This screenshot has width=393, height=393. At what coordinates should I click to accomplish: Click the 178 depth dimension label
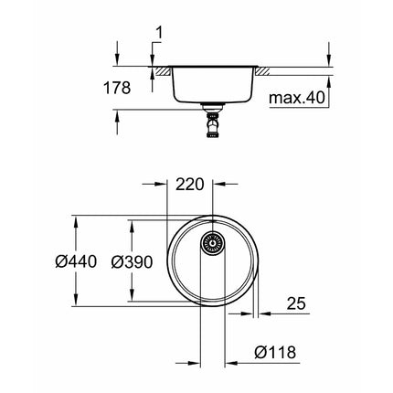coord(117,88)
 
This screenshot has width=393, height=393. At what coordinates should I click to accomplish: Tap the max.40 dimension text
coord(297,98)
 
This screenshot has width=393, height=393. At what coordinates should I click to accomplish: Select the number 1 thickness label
coord(159,33)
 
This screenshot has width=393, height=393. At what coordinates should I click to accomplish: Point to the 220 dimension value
coord(189,185)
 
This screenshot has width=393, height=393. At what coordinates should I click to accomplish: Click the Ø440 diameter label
coord(76,261)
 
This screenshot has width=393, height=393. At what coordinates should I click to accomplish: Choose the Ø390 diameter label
coord(132,261)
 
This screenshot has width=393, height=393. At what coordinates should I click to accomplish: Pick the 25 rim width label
coord(296,303)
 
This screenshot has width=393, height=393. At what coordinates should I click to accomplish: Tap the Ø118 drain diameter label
coord(275,353)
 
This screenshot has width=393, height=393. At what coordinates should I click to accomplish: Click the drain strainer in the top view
coord(213,243)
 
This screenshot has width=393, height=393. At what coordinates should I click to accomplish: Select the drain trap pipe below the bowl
coord(213,122)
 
